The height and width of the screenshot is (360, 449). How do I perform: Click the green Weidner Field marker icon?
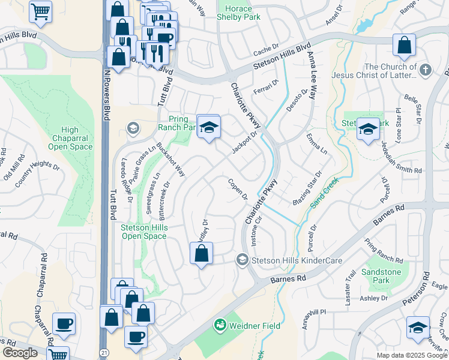pos(220,325)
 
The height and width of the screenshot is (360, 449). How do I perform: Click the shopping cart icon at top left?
pos(40,10)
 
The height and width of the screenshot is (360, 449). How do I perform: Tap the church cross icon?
pos(425,70)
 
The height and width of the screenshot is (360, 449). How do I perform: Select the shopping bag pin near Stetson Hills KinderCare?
pos(202,253)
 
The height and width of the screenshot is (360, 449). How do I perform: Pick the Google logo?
pos(20,353)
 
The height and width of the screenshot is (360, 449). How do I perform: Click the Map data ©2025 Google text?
pos(412,355)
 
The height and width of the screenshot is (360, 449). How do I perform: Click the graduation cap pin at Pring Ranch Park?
pos(208,127)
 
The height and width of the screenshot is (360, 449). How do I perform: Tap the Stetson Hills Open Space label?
pos(143,232)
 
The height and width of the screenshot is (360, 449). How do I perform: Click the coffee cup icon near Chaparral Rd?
pos(64,324)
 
